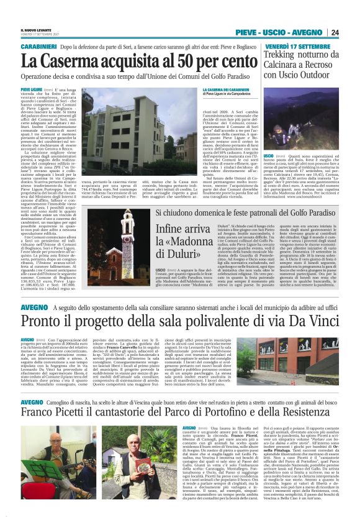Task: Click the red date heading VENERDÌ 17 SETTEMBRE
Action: click(x=295, y=47)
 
